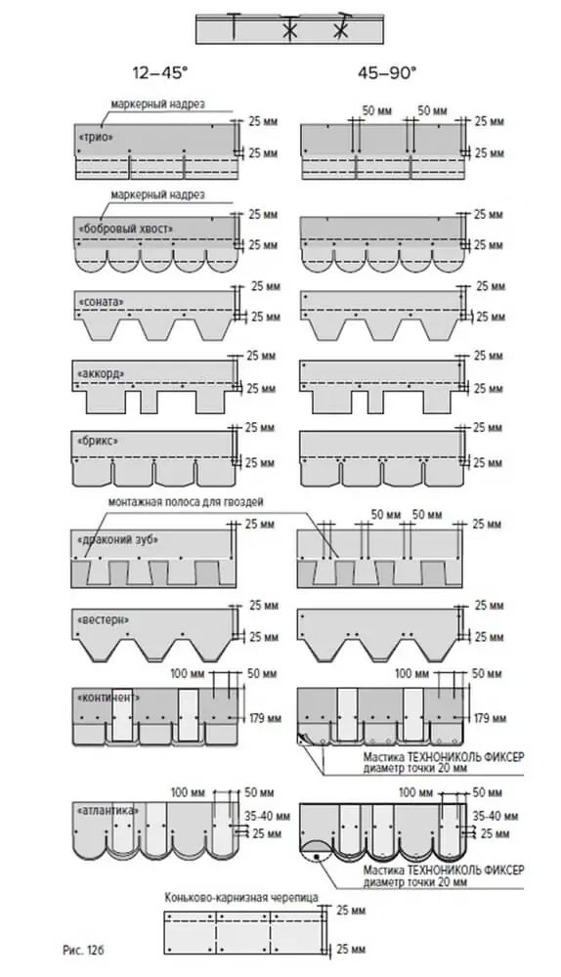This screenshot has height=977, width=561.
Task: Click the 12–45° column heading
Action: point(159,73)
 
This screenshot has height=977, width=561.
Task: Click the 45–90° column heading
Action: point(386,73)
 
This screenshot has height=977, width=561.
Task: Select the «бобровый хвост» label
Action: point(126,229)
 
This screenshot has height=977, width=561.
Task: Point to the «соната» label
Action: point(101,302)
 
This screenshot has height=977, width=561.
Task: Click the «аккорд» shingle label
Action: point(101,373)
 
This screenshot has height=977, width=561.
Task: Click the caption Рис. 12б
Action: point(82,951)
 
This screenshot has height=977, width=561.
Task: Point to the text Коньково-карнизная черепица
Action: point(241,897)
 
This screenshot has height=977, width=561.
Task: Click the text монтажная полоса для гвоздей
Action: point(186,501)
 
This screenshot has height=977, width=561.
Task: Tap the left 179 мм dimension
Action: point(265,718)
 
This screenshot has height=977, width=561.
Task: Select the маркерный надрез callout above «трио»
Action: point(157,105)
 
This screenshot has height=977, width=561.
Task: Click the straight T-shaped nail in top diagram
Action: point(233,26)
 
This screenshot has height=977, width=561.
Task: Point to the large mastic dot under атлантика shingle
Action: point(317,857)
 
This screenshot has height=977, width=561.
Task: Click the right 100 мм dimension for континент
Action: point(412,673)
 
